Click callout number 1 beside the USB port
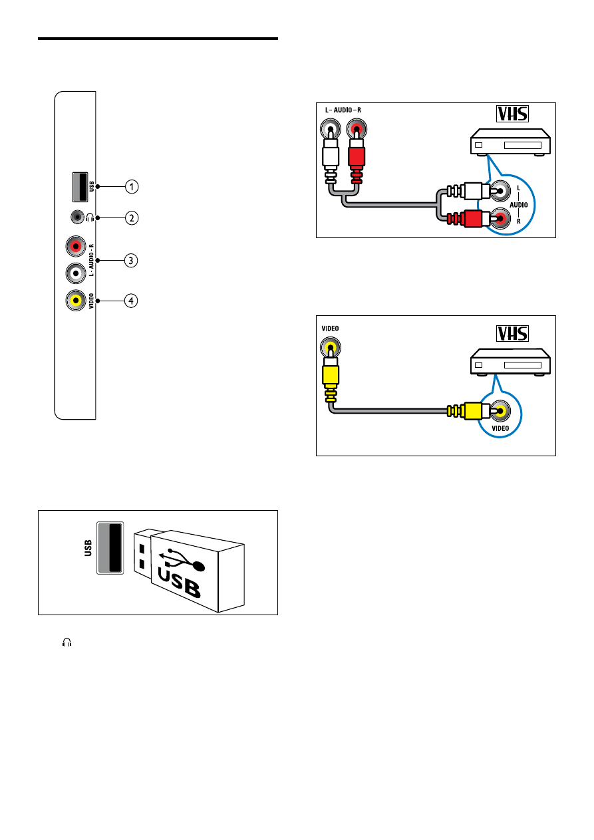133,187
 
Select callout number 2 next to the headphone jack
133,217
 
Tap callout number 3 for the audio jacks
133,260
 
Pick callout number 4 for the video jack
133,301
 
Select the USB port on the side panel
79,187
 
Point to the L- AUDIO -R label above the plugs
343,109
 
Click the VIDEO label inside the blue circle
500,428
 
